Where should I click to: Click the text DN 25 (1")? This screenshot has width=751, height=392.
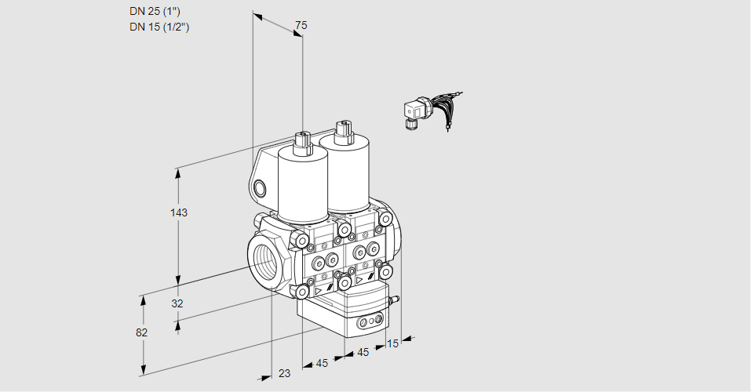tap(159, 12)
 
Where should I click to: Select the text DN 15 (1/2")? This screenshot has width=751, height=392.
tap(159, 27)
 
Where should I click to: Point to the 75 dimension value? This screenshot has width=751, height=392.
tap(300, 26)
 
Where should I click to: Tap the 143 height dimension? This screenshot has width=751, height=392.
tap(180, 212)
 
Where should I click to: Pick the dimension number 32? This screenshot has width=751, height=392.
tap(177, 303)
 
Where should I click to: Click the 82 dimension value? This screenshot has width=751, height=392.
tap(141, 332)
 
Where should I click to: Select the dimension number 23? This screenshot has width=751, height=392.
tap(284, 374)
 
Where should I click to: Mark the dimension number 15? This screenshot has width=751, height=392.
tap(392, 343)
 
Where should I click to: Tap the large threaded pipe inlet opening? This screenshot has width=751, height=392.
tap(264, 260)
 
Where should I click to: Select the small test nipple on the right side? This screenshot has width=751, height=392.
tap(396, 299)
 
